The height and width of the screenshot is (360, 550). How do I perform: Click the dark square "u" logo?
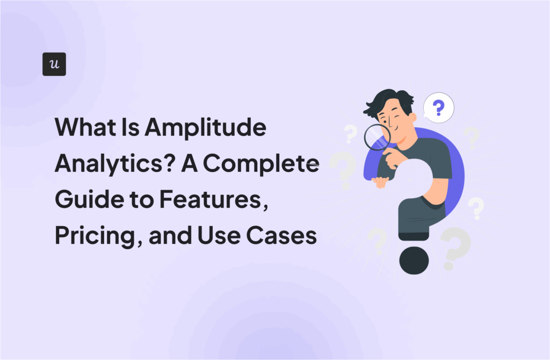point(54,64)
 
